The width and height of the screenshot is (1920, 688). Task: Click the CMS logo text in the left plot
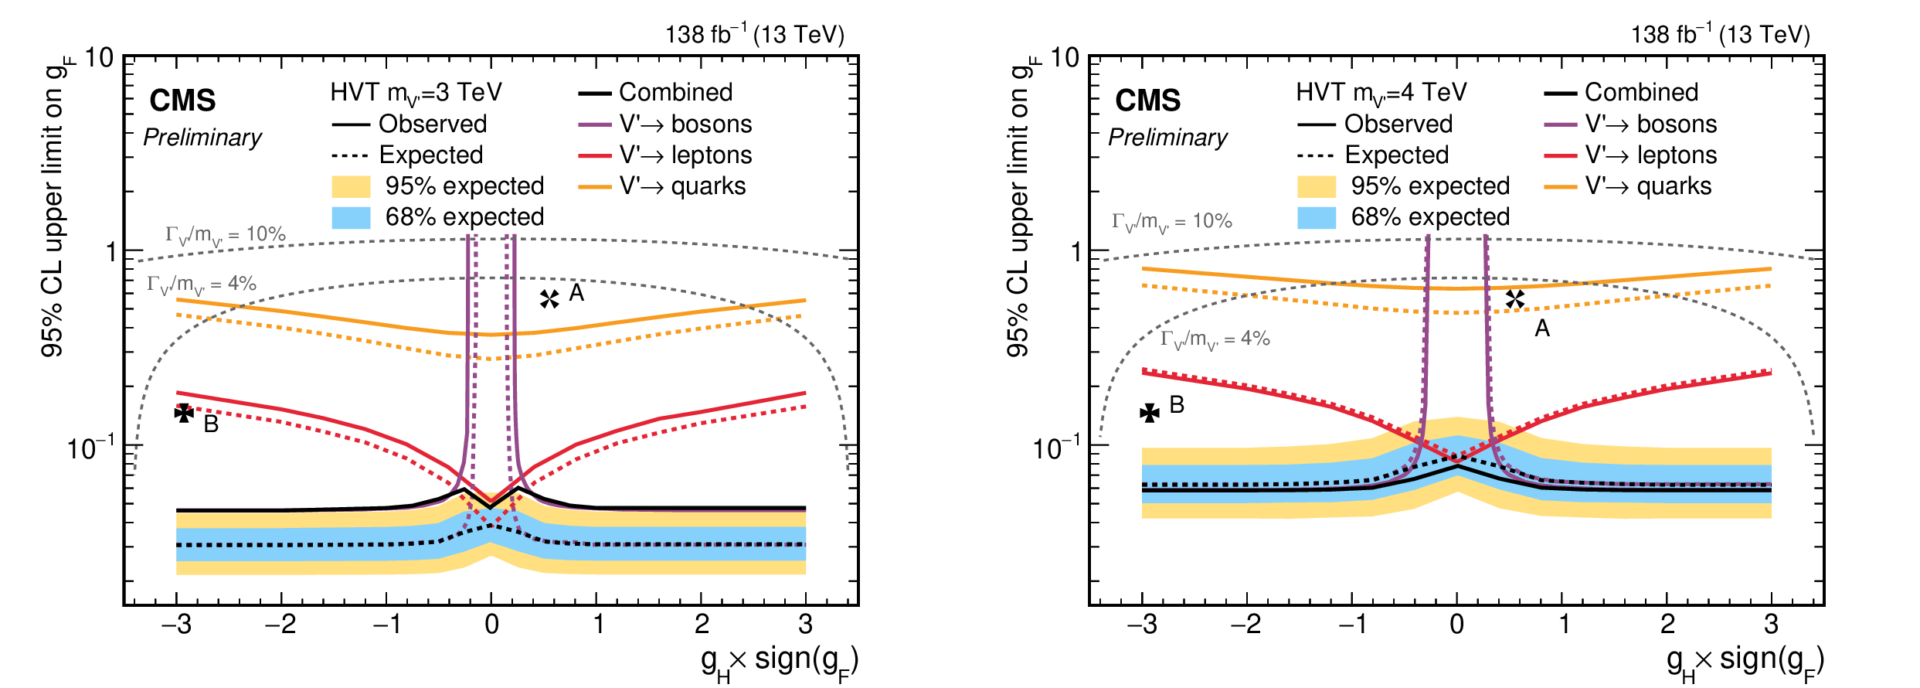(x=182, y=100)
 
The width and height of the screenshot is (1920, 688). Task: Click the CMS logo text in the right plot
(x=1147, y=100)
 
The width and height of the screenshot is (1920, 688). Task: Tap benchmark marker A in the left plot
(x=549, y=299)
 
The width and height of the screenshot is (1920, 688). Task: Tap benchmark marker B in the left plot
(x=184, y=413)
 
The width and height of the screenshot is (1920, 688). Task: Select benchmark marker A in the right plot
(x=1514, y=299)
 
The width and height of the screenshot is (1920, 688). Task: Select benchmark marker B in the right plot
(x=1150, y=413)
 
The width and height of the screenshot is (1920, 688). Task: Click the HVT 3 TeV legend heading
(x=416, y=93)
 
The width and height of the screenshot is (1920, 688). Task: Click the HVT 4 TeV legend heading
(x=1381, y=93)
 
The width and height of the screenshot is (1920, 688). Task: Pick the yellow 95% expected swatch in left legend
(x=351, y=186)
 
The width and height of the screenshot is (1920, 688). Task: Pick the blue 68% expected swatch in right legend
(x=1317, y=217)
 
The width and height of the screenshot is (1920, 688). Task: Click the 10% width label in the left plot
(x=225, y=235)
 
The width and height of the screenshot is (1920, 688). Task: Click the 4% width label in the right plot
(x=1215, y=339)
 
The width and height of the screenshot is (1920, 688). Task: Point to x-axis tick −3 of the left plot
(x=177, y=624)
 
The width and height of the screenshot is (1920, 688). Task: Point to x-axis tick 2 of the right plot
(x=1667, y=624)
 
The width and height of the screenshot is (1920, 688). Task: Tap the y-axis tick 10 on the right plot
(x=1065, y=58)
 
